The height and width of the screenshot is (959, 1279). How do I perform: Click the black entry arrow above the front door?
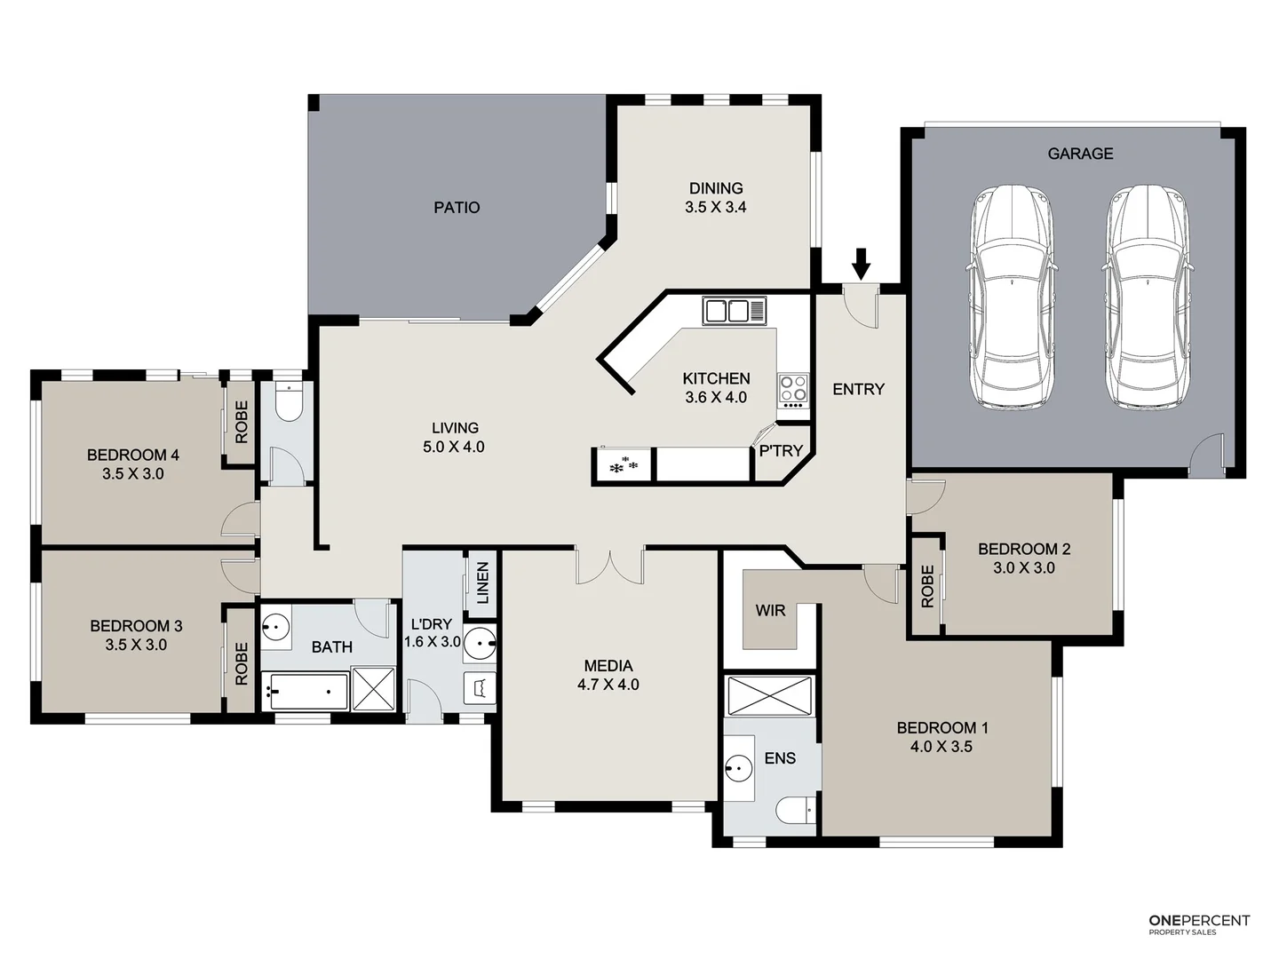click(861, 264)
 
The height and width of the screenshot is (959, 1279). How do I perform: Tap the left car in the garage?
click(1013, 297)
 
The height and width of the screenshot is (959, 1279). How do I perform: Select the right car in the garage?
click(1148, 297)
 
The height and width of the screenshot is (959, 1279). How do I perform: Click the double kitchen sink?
click(734, 312)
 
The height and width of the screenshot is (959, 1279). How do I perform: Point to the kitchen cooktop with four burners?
click(793, 389)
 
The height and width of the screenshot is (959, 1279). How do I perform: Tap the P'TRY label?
click(781, 451)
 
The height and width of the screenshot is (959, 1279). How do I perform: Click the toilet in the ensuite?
click(796, 811)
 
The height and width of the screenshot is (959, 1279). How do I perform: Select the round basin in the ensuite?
click(738, 765)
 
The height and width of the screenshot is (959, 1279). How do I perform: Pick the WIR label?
click(770, 611)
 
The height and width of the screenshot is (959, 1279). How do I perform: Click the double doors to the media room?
click(609, 566)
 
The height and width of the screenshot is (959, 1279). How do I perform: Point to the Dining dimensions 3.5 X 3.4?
click(716, 208)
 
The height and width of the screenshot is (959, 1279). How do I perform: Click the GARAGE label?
click(1080, 154)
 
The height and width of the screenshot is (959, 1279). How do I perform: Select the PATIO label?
click(457, 208)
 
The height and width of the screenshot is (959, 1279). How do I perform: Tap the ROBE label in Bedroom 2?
click(927, 587)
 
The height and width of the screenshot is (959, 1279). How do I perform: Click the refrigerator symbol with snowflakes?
click(622, 464)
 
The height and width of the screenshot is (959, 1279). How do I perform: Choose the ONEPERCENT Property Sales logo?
click(1198, 924)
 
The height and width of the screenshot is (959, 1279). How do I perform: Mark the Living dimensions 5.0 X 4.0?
click(454, 448)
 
